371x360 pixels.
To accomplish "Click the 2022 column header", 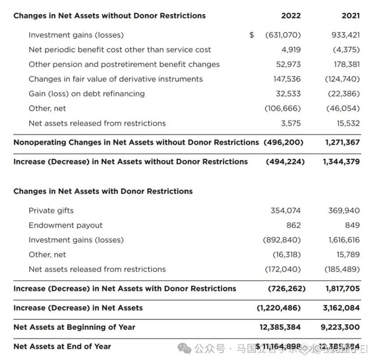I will pos(291,16).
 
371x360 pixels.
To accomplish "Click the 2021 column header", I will pos(350,16).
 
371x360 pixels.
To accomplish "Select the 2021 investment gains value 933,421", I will pos(344,35).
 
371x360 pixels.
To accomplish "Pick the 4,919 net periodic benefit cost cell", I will pos(291,50).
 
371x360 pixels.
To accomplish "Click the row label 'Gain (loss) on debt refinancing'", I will pos(86,94).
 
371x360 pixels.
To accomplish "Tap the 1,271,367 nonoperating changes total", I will pos(342,142).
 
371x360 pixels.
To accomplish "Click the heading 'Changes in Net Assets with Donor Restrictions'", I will pos(103,191).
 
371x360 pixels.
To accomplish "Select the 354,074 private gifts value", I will pos(285,210).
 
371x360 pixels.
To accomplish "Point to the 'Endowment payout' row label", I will pos(65,225).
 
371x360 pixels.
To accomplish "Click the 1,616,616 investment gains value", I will pos(344,240).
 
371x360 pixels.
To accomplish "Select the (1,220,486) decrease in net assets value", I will pos(278,308).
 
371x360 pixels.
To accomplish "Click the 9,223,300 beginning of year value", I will pos(340,327).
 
